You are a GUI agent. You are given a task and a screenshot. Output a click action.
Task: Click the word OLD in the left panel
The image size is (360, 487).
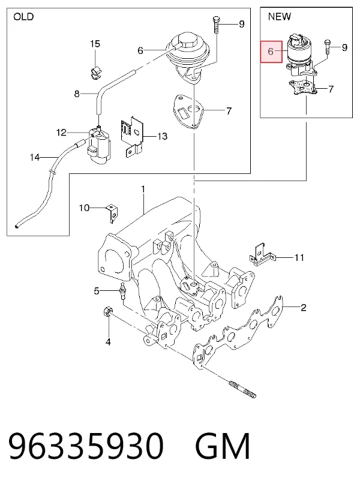pos(23,16)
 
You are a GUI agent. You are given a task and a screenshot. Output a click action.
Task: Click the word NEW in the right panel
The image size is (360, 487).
pos(279,16)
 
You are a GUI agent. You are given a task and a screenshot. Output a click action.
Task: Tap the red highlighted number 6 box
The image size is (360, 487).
pos(271,52)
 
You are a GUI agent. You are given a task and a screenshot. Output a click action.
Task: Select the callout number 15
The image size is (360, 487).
pos(95,44)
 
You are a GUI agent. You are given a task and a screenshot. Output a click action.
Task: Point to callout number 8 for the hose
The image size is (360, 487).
pos(77,94)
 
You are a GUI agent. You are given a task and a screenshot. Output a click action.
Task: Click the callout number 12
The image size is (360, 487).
pos(61,133)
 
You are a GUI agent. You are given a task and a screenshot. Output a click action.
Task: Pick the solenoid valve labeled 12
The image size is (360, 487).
pos(99,145)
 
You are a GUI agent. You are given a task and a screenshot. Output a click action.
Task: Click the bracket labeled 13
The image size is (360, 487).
pos(131,136)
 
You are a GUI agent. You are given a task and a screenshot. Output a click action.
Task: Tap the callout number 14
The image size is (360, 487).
pos(35,158)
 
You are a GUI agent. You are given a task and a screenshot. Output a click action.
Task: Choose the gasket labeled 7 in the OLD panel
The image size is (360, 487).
pos(188,111)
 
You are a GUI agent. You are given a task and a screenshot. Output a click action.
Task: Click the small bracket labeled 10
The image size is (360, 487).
pos(112,214)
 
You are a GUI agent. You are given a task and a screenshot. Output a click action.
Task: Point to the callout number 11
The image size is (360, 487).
pos(299,257)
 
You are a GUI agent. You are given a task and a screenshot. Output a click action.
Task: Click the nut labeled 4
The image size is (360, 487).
pos(107,311)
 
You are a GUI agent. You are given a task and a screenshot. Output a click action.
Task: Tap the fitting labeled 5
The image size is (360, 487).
pos(122,290)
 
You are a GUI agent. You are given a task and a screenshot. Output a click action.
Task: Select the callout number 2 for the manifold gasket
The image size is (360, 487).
pos(303,307)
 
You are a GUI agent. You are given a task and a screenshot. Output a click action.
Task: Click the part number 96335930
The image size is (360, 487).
pos(86,446)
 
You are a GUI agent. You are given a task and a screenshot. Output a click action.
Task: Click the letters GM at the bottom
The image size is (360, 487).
pos(223,446)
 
